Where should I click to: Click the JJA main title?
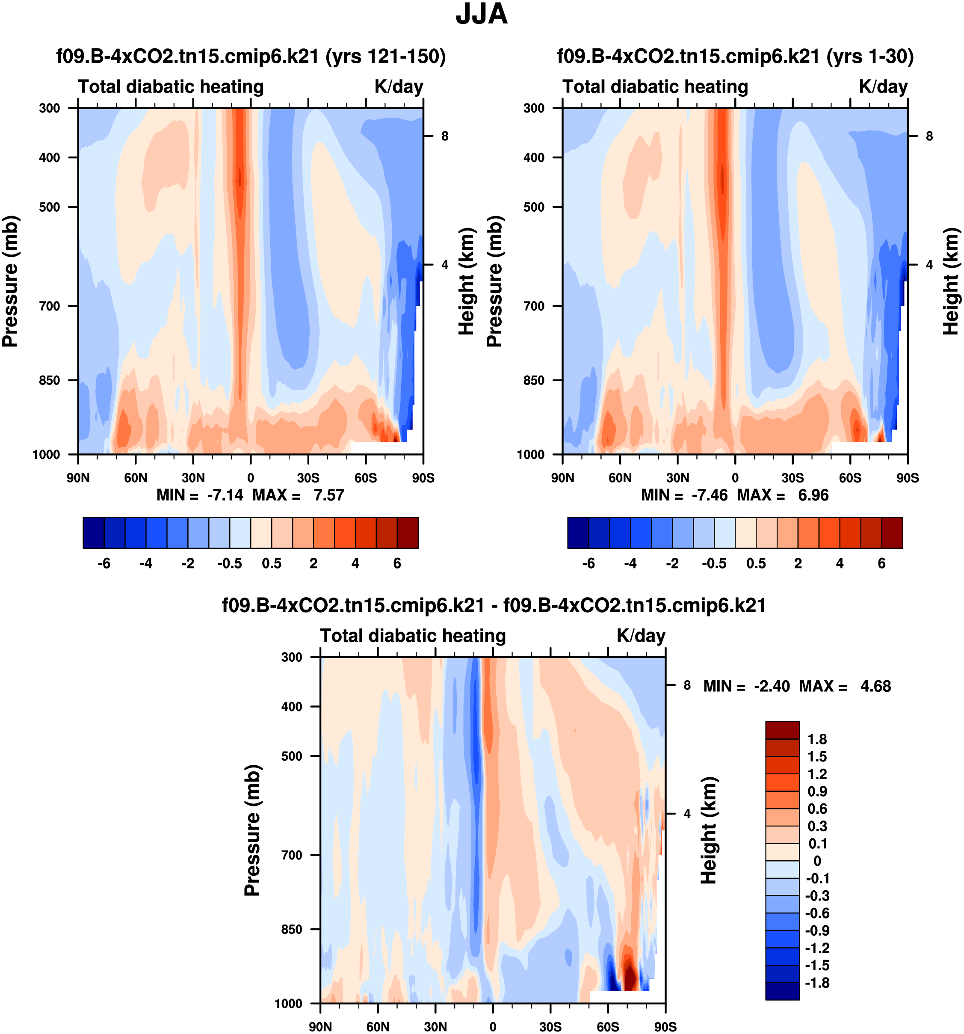click(482, 15)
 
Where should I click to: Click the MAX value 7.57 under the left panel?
click(328, 495)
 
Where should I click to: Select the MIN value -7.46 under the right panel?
click(709, 495)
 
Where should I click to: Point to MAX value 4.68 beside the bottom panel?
click(875, 687)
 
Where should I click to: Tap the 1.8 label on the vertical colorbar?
click(817, 739)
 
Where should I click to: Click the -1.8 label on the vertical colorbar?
click(817, 983)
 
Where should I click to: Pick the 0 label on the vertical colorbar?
click(817, 861)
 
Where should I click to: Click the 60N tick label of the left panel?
click(136, 478)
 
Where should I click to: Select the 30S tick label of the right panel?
click(792, 478)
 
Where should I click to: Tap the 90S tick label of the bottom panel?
click(665, 1027)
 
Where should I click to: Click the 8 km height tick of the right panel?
click(929, 136)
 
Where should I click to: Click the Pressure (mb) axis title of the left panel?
click(10, 281)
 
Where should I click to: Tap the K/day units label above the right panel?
click(883, 86)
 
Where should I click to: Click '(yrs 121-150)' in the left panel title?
click(386, 56)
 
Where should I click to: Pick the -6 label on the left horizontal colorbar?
click(104, 563)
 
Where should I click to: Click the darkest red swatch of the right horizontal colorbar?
click(892, 533)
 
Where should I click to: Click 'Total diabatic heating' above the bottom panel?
click(413, 636)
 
